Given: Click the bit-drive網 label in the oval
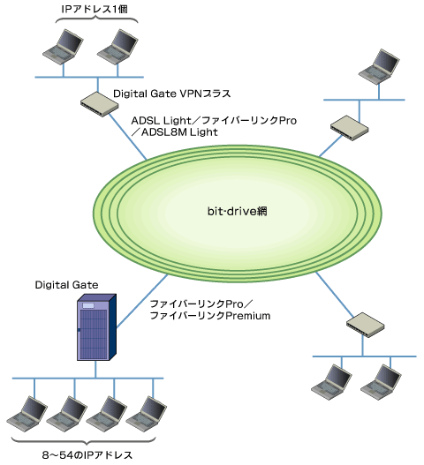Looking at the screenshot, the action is pyautogui.click(x=238, y=212).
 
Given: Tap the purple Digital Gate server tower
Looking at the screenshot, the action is pyautogui.click(x=96, y=327).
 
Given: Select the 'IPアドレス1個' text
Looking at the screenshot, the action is pyautogui.click(x=95, y=9).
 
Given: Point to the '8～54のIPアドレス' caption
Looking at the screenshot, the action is pyautogui.click(x=87, y=455).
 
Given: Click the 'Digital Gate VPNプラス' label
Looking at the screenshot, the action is pyautogui.click(x=172, y=94).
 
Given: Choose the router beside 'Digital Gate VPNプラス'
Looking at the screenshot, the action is pyautogui.click(x=99, y=104).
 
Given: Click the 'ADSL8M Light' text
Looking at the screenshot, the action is pyautogui.click(x=179, y=132).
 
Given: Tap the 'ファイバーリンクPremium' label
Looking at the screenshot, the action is pyautogui.click(x=210, y=316).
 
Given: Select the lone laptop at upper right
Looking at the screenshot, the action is pyautogui.click(x=379, y=67).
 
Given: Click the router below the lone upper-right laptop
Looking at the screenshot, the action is pyautogui.click(x=350, y=128).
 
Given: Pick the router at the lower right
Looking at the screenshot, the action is pyautogui.click(x=365, y=325).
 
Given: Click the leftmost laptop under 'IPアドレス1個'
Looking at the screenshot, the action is pyautogui.click(x=63, y=47).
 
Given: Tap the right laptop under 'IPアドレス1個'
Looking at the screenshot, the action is pyautogui.click(x=117, y=47).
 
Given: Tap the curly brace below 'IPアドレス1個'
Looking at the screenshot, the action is pyautogui.click(x=97, y=19).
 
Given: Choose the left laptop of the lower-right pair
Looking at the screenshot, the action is pyautogui.click(x=331, y=382).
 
